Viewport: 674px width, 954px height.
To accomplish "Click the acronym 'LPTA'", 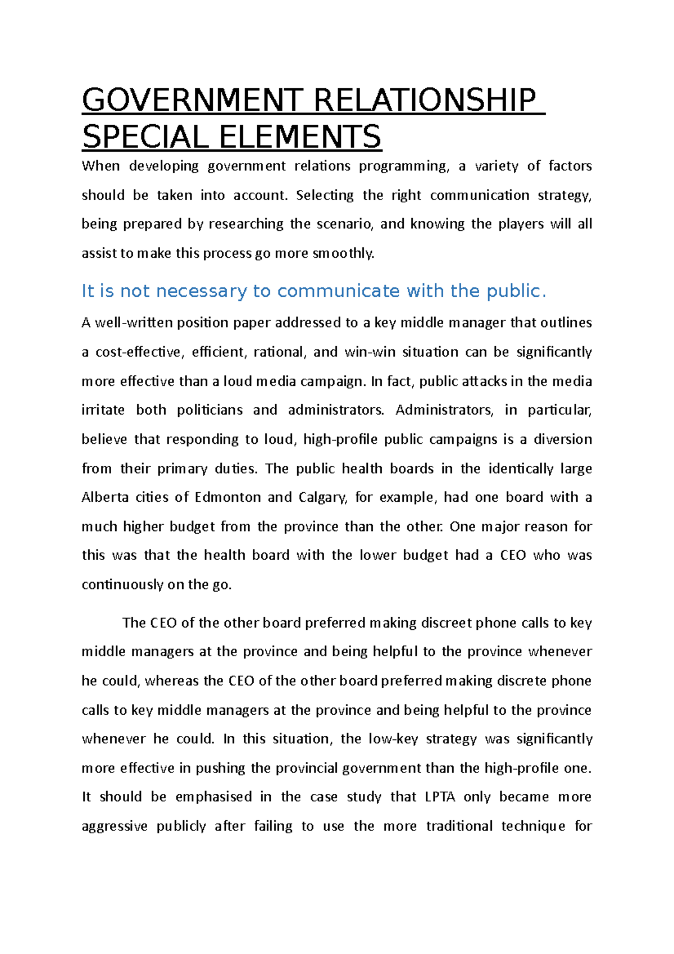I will point(440,797).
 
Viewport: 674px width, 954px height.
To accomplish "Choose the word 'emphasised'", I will point(213,797).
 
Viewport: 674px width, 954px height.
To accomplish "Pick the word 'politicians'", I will point(210,410).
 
